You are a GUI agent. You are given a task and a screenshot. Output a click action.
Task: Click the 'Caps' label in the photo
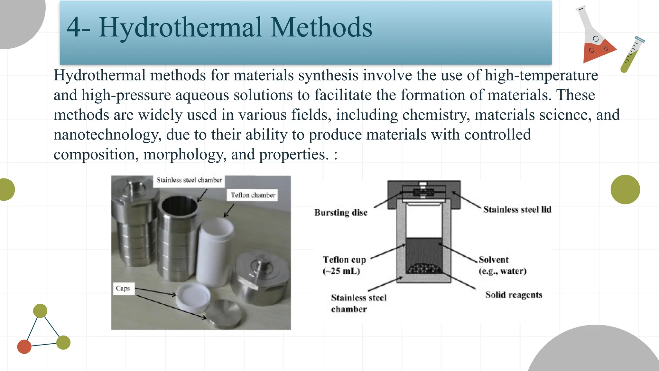click(x=123, y=288)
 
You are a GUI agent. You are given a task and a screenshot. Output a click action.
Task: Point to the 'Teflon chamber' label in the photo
click(x=253, y=195)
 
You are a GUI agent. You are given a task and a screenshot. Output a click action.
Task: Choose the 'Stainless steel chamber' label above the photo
click(x=189, y=180)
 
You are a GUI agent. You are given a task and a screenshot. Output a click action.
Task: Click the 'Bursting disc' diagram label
click(x=341, y=213)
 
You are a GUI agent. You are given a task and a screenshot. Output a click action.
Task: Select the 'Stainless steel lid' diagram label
click(x=517, y=210)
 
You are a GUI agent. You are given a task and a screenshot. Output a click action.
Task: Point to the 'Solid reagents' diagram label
click(x=514, y=295)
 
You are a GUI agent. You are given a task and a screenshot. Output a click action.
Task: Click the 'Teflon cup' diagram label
click(x=344, y=260)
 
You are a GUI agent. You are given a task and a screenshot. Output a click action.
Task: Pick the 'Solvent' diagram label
click(x=494, y=260)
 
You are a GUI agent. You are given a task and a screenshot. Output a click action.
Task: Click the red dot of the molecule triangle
click(x=24, y=347)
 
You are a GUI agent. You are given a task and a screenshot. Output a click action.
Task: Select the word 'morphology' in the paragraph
click(x=183, y=155)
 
